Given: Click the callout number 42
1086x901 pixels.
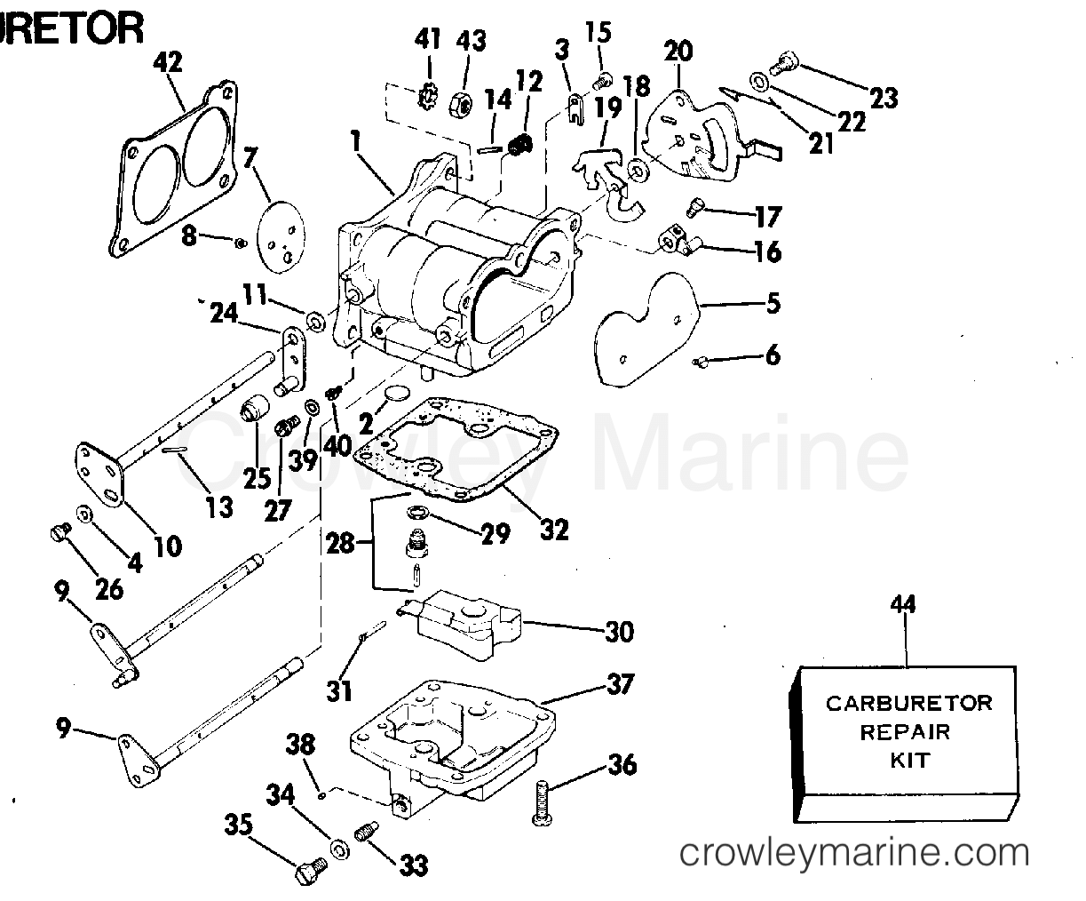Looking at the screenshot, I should coord(168,62).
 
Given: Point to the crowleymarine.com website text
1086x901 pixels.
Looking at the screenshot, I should coord(853,854).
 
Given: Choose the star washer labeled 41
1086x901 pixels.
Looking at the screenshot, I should coord(428,94).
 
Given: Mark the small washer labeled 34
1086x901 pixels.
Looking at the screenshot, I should coord(338,848).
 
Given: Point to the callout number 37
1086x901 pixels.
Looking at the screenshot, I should coord(622,684).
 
